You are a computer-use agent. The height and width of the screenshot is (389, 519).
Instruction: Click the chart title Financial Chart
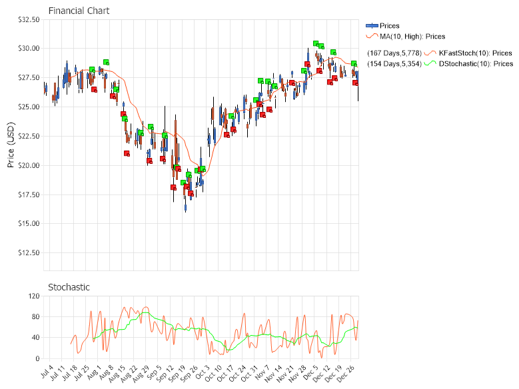coord(79,11)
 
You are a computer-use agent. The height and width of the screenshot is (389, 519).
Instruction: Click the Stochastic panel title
coord(69,287)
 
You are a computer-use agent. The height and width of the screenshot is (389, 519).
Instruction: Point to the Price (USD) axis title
coord(11,145)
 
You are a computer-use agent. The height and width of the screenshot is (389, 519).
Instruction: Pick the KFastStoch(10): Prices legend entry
coord(475,53)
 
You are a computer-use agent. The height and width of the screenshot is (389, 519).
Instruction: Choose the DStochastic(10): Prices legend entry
coord(476,64)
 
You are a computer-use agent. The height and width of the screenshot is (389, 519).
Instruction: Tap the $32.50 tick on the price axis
coord(29,20)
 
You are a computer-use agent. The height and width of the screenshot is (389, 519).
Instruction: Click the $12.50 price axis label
coord(29,253)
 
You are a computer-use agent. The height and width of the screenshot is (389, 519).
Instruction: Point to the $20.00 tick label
coord(29,166)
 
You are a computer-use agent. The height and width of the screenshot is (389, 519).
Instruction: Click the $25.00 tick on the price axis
coord(29,107)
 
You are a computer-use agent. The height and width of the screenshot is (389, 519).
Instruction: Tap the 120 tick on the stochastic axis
coord(31,296)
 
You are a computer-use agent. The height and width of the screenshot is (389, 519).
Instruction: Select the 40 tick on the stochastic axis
coord(33,338)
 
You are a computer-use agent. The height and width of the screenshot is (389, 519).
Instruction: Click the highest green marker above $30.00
coord(316,43)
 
